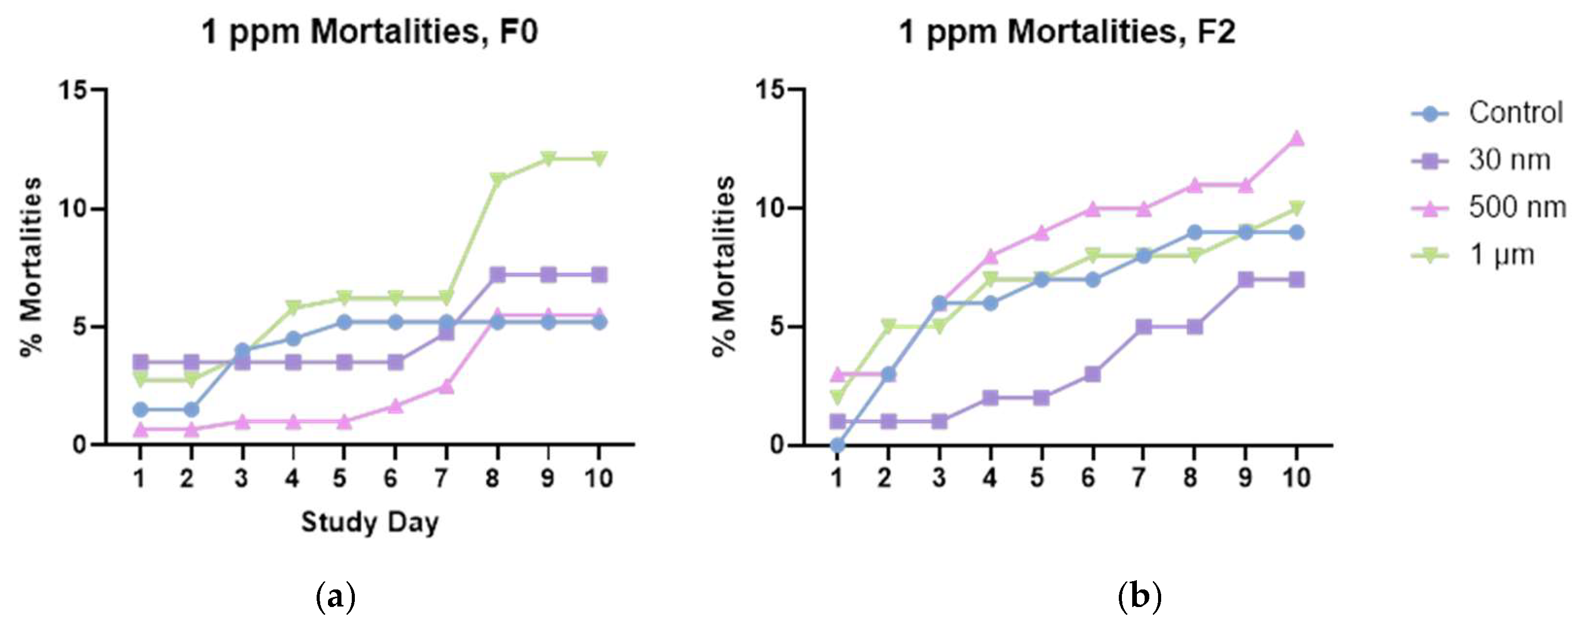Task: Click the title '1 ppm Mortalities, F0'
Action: [369, 32]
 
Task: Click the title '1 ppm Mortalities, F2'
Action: [1067, 32]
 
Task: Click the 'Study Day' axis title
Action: [369, 523]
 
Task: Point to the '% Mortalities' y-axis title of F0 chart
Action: [30, 267]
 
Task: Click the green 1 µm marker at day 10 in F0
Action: [599, 159]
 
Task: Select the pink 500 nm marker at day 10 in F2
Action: [1296, 138]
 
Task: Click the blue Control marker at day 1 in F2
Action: [837, 445]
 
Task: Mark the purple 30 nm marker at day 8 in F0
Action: [497, 274]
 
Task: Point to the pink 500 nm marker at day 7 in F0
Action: [446, 386]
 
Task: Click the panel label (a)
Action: [335, 596]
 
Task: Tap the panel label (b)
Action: [1139, 596]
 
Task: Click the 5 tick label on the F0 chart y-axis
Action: [79, 326]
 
